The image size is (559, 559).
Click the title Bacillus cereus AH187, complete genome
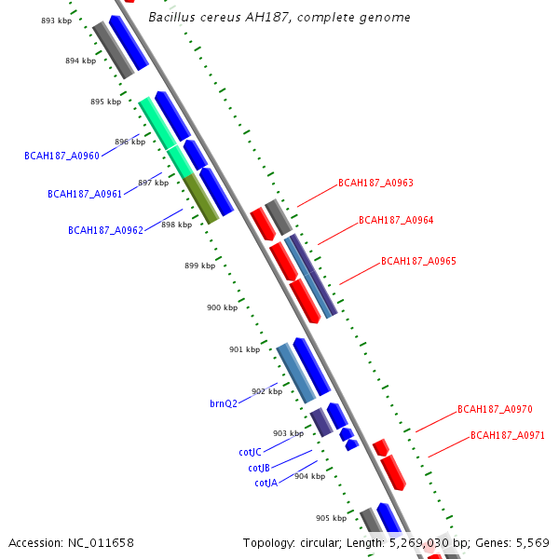click(x=279, y=18)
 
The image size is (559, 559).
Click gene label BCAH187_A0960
click(x=61, y=157)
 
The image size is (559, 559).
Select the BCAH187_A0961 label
click(x=85, y=194)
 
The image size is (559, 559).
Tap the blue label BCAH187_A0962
click(x=105, y=230)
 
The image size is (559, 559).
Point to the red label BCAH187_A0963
click(x=375, y=184)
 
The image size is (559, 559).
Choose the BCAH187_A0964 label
click(x=396, y=221)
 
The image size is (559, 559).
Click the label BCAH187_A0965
click(x=418, y=262)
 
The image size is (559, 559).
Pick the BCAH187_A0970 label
click(x=495, y=409)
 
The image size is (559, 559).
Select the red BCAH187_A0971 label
click(x=508, y=435)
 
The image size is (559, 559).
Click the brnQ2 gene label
click(x=224, y=403)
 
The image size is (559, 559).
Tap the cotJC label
click(x=250, y=452)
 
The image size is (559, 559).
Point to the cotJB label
click(x=259, y=468)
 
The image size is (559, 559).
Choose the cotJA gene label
click(x=266, y=483)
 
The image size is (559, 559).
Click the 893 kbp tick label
click(x=56, y=20)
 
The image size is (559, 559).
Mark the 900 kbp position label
click(x=222, y=307)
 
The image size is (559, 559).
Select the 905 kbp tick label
click(x=331, y=518)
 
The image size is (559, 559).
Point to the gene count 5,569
click(x=532, y=542)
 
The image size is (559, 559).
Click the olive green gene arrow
click(x=201, y=199)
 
